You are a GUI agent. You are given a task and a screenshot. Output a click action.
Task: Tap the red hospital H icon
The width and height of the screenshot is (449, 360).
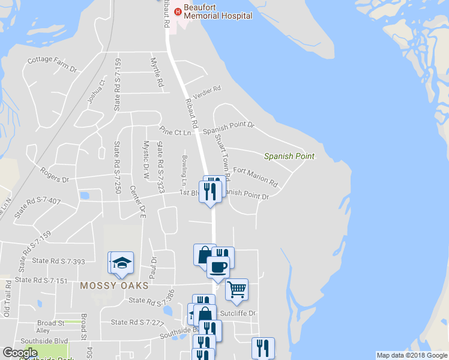[177, 11]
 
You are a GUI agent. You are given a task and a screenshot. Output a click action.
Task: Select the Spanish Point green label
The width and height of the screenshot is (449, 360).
[289, 156]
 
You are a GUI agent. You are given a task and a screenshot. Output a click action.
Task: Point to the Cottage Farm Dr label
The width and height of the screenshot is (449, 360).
[53, 64]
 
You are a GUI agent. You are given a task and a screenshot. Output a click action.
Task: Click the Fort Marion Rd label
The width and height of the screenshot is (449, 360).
[255, 176]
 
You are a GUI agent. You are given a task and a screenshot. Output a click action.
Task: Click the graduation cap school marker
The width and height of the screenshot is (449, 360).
[122, 262]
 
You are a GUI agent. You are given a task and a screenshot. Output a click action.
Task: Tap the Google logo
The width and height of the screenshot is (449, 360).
[20, 352]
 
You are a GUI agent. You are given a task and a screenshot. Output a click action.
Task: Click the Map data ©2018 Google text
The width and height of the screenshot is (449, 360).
[411, 355]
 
